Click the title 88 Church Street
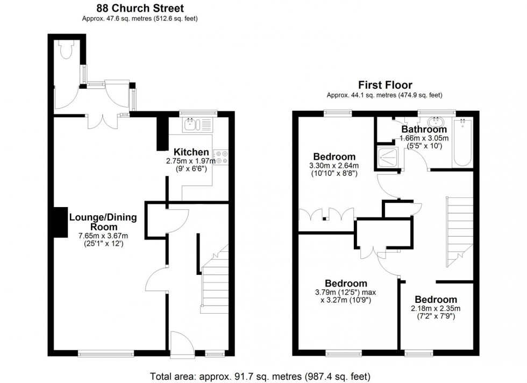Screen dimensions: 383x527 (x=140, y=8)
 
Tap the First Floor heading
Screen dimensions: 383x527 (x=386, y=85)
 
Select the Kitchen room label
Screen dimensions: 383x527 (x=190, y=152)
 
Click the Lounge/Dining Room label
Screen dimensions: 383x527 (x=103, y=223)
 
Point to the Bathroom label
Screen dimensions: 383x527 (x=424, y=130)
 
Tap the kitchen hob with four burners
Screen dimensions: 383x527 (x=221, y=157)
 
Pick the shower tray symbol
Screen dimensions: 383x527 (x=388, y=157)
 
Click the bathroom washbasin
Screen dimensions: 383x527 (x=436, y=120)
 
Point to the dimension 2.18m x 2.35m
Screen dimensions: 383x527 (x=436, y=309)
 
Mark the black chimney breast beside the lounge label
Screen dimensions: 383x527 (x=58, y=221)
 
